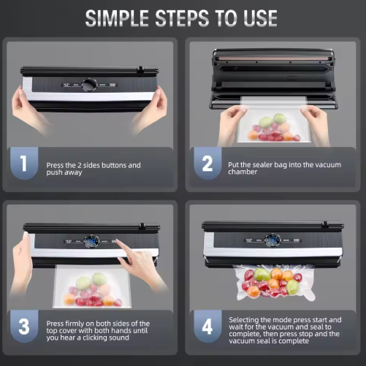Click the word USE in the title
pyautogui.click(x=258, y=18)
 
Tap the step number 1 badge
pyautogui.click(x=26, y=164)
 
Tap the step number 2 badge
pyautogui.click(x=207, y=164)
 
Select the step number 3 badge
pyautogui.click(x=26, y=328)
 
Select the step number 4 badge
pyautogui.click(x=207, y=328)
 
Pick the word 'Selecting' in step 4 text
pyautogui.click(x=247, y=319)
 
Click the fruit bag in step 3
pyautogui.click(x=91, y=289)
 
